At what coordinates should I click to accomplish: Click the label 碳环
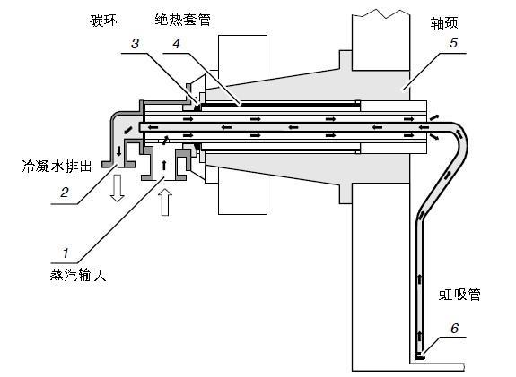point(103,21)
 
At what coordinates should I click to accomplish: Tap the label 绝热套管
point(183,21)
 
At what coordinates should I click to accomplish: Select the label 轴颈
point(444,23)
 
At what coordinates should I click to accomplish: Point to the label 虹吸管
point(459,295)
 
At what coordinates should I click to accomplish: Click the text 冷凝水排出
point(57,167)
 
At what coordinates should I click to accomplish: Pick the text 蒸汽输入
point(78,275)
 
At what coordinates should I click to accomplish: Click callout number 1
point(66,253)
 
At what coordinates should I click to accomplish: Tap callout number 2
point(65,193)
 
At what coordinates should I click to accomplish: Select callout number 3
point(135,44)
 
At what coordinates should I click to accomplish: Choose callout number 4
point(177,44)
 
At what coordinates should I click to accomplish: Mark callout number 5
point(453,43)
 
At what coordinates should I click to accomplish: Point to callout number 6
point(454,328)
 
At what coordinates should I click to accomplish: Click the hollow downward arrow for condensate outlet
point(118,188)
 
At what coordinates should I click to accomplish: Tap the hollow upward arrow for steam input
point(165,202)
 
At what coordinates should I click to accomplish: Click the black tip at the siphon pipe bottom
point(419,356)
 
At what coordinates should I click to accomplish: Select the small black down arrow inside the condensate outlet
point(118,151)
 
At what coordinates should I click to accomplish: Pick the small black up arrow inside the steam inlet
point(164,165)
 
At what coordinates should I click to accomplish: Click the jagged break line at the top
point(381,13)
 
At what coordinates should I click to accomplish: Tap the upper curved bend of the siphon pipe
point(460,133)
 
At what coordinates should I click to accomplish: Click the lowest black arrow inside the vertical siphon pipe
point(420,337)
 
